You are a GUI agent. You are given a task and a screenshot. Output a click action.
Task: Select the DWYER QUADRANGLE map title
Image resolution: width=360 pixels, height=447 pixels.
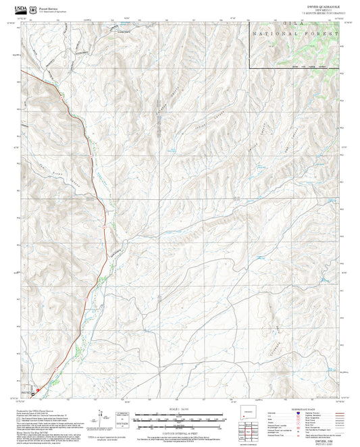[316, 7]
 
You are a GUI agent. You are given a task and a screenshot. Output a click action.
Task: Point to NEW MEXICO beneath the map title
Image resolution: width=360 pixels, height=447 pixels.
[316, 10]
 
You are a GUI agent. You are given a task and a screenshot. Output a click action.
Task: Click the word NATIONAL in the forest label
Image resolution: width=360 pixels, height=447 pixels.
[273, 33]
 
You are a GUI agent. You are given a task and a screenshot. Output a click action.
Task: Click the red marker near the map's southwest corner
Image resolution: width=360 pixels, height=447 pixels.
[38, 389]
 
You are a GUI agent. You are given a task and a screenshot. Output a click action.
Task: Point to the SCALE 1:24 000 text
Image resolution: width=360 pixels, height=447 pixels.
[180, 409]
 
